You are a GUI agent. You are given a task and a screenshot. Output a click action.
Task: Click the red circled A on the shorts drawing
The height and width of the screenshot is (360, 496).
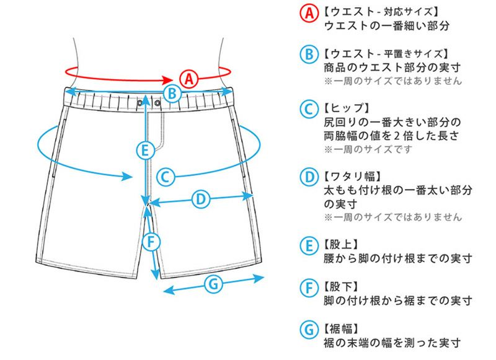click(x=188, y=79)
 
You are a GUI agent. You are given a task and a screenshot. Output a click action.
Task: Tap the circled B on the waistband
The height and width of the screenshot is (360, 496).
click(x=173, y=94)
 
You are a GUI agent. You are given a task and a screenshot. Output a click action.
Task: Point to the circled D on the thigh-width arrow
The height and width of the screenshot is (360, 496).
click(x=200, y=199)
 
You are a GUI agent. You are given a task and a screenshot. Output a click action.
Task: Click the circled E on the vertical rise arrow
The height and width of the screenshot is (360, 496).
click(x=144, y=149)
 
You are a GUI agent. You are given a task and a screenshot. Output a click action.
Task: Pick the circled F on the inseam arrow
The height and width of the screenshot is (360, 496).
click(x=151, y=240)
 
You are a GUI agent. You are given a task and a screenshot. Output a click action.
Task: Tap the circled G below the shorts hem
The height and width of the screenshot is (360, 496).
click(x=213, y=284)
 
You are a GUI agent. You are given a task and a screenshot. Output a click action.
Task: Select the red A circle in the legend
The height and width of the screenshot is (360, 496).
click(x=308, y=12)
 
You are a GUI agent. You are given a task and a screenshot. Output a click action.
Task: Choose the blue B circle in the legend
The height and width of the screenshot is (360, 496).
click(x=308, y=54)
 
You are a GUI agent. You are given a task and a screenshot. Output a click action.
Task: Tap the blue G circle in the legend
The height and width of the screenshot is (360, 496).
click(x=308, y=329)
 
